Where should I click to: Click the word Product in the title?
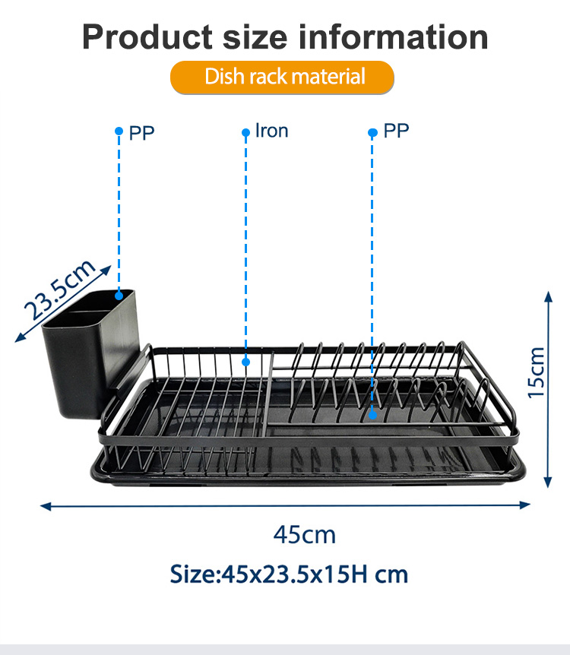[x=147, y=36]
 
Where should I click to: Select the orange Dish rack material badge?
[x=282, y=77]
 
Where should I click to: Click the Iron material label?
[x=271, y=131]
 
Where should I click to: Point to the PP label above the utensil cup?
[x=141, y=133]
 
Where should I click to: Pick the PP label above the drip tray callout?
[x=396, y=131]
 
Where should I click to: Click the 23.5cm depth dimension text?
[x=60, y=290]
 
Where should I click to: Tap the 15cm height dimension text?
[x=537, y=372]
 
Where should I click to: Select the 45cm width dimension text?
[x=305, y=535]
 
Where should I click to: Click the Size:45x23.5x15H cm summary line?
[x=289, y=574]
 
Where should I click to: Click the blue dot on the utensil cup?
[x=119, y=296]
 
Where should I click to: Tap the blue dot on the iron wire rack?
[x=245, y=362]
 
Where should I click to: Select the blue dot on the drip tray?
[x=372, y=415]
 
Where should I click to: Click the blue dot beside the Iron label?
[x=245, y=132]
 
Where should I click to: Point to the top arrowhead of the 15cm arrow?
[x=548, y=296]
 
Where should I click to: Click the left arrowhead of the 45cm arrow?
[x=45, y=507]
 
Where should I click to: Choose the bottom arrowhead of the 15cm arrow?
[x=548, y=483]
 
